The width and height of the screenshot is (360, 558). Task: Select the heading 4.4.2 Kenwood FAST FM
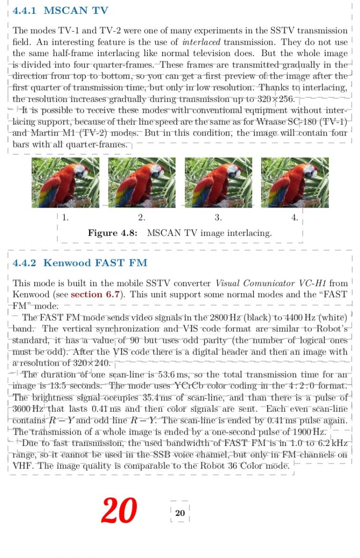point(80,262)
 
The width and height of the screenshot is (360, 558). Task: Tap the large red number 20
point(119,510)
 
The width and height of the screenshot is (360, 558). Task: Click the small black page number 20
point(180,513)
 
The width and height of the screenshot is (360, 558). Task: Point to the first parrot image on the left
point(66,182)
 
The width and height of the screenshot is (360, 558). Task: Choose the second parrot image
point(142,182)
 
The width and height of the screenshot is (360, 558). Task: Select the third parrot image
point(218,182)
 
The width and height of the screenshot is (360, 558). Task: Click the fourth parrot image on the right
point(295,182)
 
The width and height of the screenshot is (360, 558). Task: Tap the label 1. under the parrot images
point(66,218)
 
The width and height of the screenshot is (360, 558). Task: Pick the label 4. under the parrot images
point(295,218)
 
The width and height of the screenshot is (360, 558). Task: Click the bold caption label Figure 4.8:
point(113,233)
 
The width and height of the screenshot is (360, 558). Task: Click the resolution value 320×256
point(277,99)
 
